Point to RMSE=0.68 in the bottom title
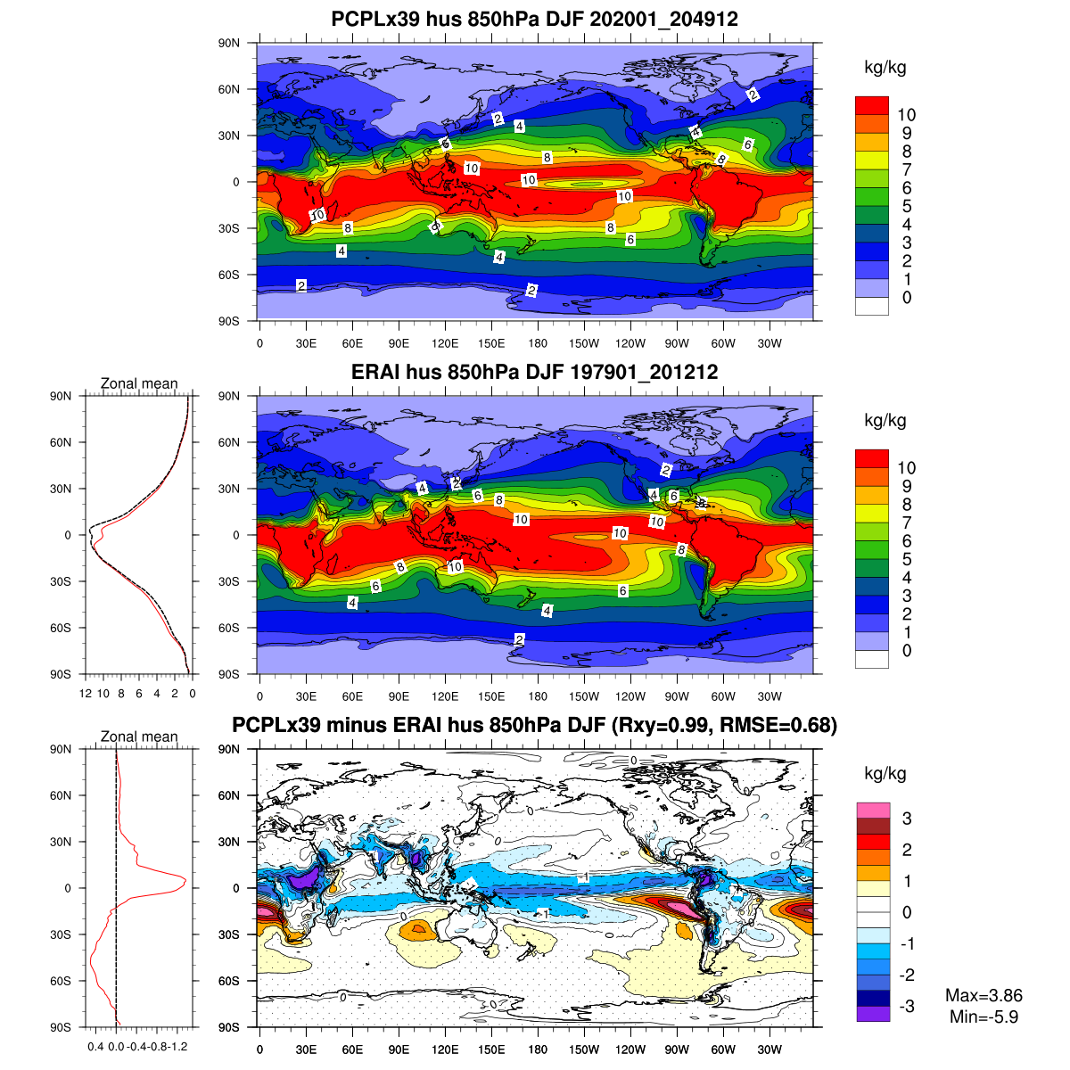tap(788, 725)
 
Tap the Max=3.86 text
tap(984, 996)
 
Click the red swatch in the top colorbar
tap(871, 105)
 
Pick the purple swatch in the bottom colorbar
tap(873, 1012)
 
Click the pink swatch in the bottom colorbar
tap(873, 811)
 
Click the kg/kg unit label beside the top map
tap(885, 68)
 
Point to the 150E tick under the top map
tap(491, 343)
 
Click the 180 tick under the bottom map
tap(538, 1049)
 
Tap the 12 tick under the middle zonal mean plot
tap(86, 693)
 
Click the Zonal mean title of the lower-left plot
tap(139, 737)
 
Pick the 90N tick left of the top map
tap(229, 43)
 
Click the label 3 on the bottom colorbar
tap(907, 819)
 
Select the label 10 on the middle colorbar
tap(907, 467)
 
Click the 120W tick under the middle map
tap(630, 696)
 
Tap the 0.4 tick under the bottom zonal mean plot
tap(95, 1046)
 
